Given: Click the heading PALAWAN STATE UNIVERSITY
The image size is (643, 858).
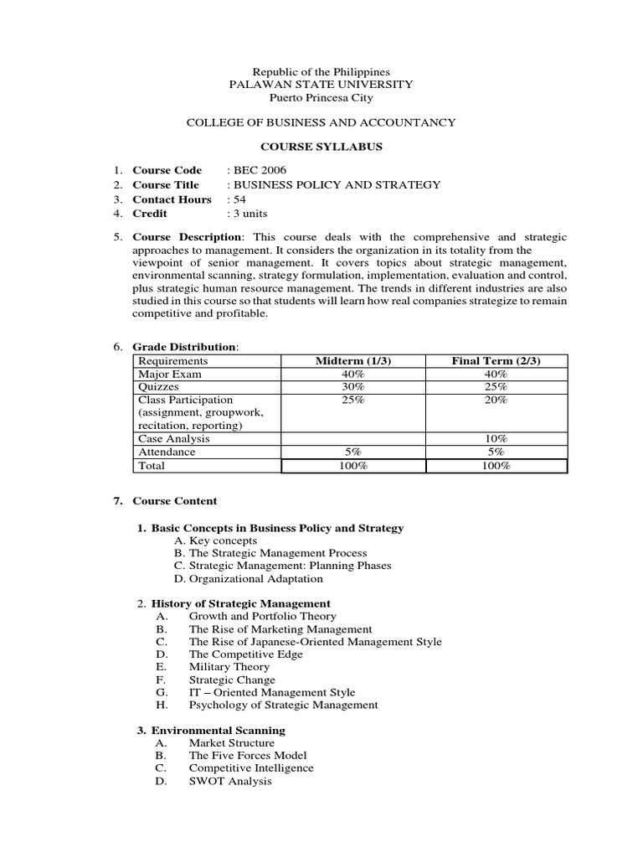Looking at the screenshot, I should tap(321, 85).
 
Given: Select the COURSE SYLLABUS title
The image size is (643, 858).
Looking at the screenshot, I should tap(321, 147).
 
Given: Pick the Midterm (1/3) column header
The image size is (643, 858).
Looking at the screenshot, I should tap(352, 361).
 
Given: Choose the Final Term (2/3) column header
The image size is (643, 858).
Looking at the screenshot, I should tap(496, 361).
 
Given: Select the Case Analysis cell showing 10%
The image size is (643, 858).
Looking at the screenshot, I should tap(496, 438).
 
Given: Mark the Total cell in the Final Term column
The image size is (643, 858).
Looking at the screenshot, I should tap(496, 466).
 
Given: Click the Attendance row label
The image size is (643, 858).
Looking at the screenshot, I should tap(167, 452).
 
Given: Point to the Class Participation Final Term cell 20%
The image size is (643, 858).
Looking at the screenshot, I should tap(496, 401).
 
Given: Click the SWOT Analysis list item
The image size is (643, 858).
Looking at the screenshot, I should tap(230, 781).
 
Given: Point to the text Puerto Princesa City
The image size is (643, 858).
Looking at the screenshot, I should tap(321, 98).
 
